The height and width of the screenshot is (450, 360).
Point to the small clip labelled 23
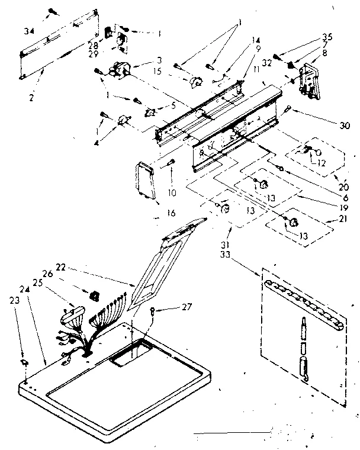[24, 362]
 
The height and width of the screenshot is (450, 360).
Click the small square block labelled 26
[94, 295]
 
